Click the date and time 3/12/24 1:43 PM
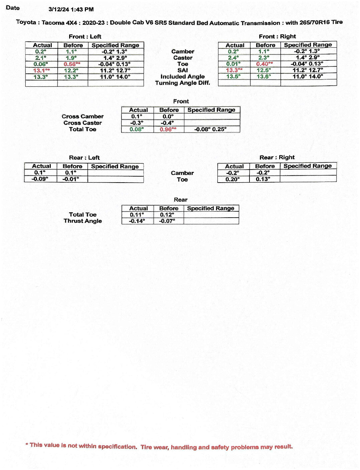pyautogui.click(x=71, y=9)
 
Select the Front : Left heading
pyautogui.click(x=85, y=36)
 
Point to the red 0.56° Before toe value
pyautogui.click(x=72, y=64)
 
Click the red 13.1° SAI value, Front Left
pyautogui.click(x=41, y=70)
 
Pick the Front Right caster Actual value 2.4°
pyautogui.click(x=233, y=58)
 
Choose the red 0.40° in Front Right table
pyautogui.click(x=264, y=64)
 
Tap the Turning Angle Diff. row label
pyautogui.click(x=182, y=83)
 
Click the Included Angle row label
pyautogui.click(x=182, y=76)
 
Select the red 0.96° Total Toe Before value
pyautogui.click(x=168, y=129)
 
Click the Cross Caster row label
pyautogui.click(x=82, y=123)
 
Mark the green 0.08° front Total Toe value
pyautogui.click(x=137, y=129)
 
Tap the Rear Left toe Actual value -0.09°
pyautogui.click(x=40, y=179)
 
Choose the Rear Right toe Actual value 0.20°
pyautogui.click(x=232, y=179)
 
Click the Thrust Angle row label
pyautogui.click(x=82, y=221)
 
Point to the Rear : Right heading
pyautogui.click(x=277, y=157)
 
